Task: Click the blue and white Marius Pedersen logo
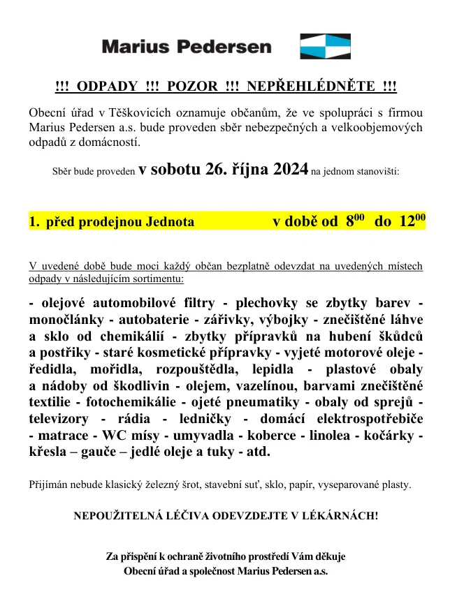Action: click(325, 46)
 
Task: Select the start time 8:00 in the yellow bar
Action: click(355, 222)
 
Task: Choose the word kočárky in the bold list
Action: click(392, 436)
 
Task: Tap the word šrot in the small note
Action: click(216, 484)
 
